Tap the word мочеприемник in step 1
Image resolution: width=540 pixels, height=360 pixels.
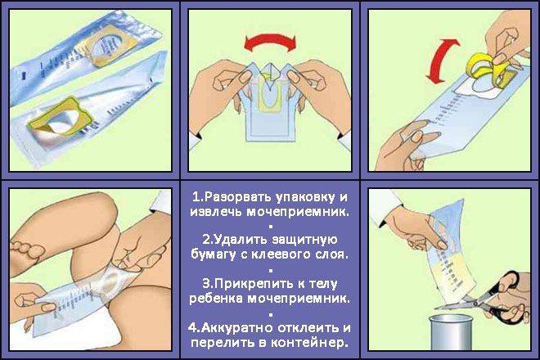pos(299,212)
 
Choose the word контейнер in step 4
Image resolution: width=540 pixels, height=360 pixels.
pos(308,343)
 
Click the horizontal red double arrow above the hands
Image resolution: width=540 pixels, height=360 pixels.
pos(270,41)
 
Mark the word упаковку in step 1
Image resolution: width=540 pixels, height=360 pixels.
pos(305,197)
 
